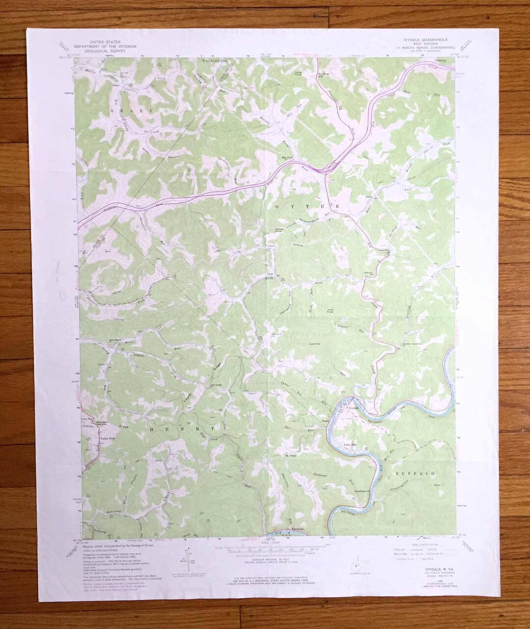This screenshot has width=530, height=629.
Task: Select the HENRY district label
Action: click(181, 428)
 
